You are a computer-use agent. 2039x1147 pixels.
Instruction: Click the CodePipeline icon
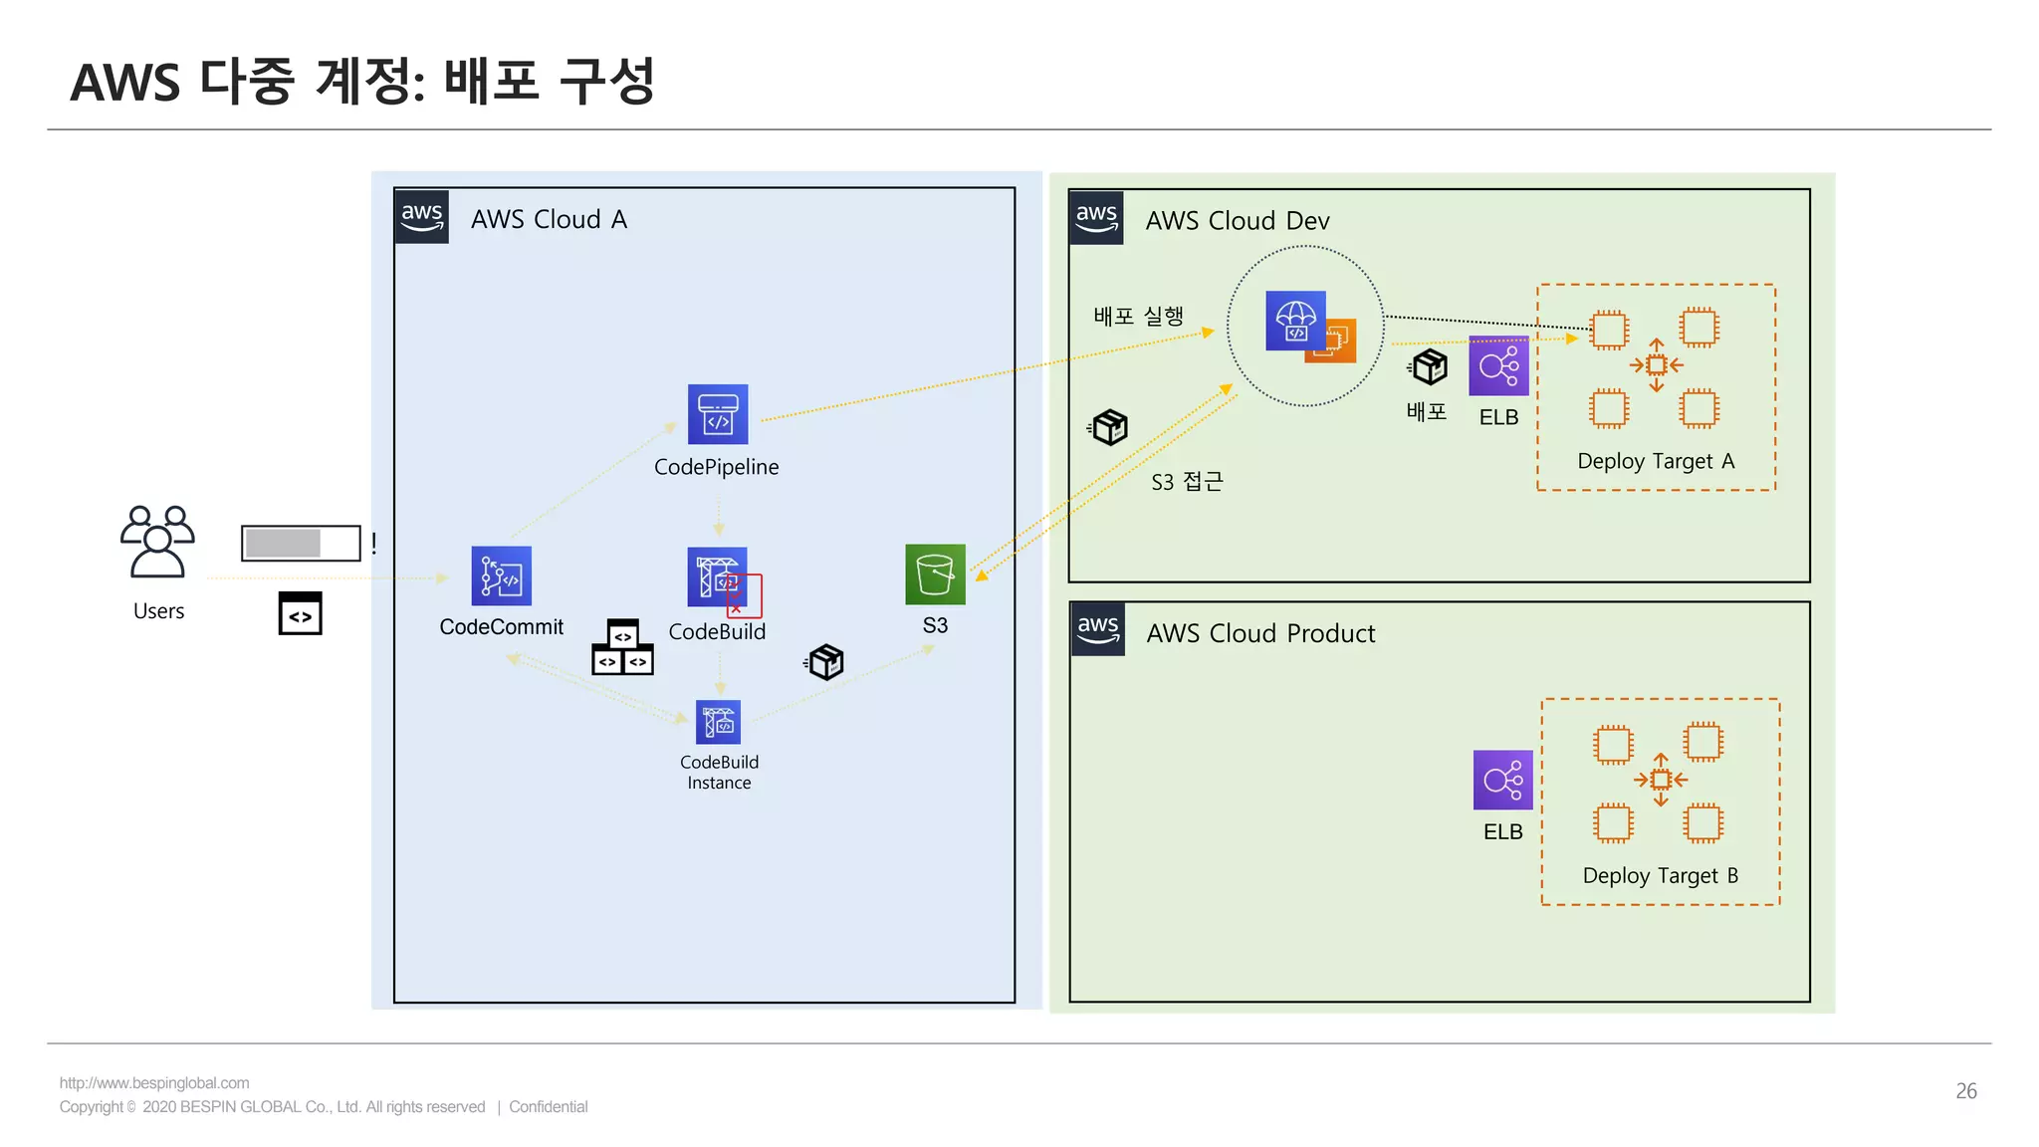click(717, 414)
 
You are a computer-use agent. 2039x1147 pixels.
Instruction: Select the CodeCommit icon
click(501, 575)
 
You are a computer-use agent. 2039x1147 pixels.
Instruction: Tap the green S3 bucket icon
click(935, 574)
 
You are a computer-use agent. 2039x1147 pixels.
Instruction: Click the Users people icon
click(157, 542)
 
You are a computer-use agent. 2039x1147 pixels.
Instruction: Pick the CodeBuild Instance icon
click(718, 723)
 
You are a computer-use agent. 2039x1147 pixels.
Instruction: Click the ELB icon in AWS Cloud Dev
click(1498, 365)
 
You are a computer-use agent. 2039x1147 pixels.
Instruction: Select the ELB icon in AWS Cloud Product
click(1502, 780)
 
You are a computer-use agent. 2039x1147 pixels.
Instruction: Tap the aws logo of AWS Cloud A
click(422, 217)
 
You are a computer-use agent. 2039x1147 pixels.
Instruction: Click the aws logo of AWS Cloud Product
click(1098, 629)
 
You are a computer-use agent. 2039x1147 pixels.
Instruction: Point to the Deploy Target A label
click(1655, 461)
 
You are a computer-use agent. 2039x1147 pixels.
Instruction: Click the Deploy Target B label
click(1660, 875)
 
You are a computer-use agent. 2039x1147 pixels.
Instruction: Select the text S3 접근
click(1187, 482)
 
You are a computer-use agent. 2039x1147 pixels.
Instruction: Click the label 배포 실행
click(1138, 317)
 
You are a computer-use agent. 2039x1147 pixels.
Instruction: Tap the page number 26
click(1965, 1090)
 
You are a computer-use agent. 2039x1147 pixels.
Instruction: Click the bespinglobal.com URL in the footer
click(154, 1082)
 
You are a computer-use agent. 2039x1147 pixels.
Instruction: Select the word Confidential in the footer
click(548, 1106)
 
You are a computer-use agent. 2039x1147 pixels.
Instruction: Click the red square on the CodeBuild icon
click(744, 595)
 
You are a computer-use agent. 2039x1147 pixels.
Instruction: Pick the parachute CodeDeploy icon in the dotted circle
click(1295, 321)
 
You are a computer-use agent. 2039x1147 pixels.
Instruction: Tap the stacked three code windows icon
click(622, 648)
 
